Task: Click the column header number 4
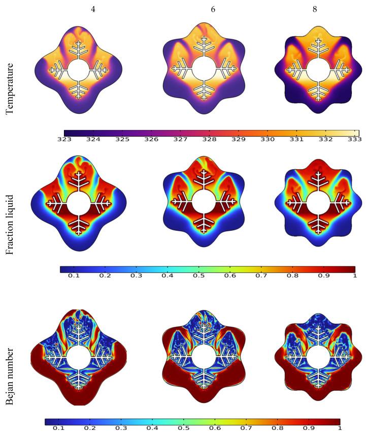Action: [92, 9]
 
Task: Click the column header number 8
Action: [315, 9]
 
